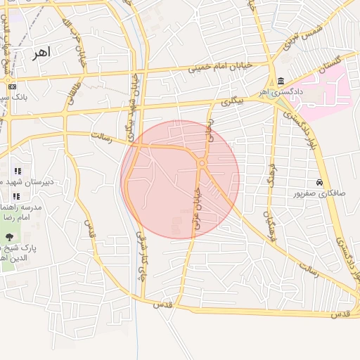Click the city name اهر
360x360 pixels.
click(x=41, y=53)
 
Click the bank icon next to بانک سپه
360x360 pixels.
click(x=13, y=86)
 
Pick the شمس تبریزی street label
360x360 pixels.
click(x=291, y=34)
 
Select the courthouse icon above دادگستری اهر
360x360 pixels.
click(x=281, y=81)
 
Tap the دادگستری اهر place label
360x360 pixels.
click(x=281, y=92)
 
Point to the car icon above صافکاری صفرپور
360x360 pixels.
click(x=320, y=182)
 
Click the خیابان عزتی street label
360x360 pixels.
click(x=196, y=200)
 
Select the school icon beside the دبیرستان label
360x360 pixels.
click(x=18, y=171)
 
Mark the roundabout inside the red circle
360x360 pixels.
click(x=202, y=164)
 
